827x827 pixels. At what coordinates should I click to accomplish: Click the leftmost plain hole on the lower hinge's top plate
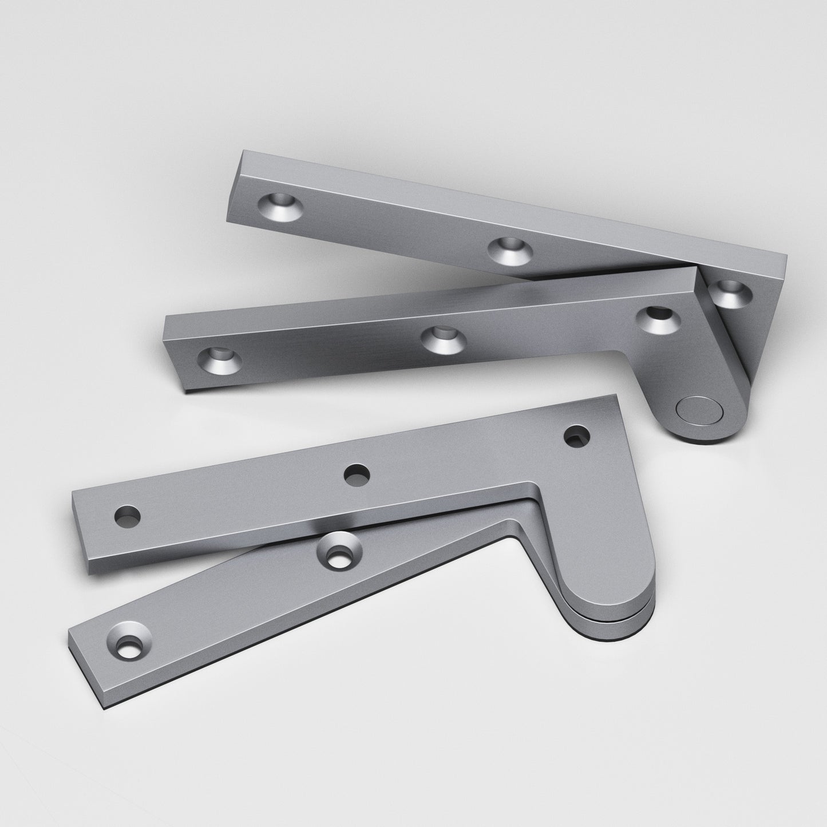[127, 517]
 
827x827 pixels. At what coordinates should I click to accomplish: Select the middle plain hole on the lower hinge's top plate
[357, 474]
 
